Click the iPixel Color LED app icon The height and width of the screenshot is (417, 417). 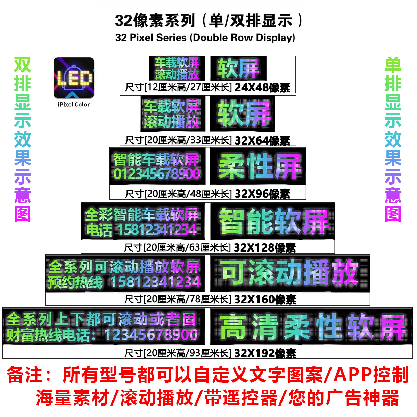click(x=74, y=78)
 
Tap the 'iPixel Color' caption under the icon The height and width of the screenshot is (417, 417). click(x=74, y=104)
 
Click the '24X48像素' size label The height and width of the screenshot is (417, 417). click(x=262, y=87)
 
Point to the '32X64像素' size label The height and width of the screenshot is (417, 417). click(x=262, y=140)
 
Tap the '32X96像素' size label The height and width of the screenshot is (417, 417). click(x=262, y=194)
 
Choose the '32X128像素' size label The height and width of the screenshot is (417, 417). click(x=264, y=247)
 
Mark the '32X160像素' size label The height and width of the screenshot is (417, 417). click(x=265, y=299)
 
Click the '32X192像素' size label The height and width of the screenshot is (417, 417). click(x=265, y=353)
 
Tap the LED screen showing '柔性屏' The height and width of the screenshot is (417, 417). click(x=258, y=166)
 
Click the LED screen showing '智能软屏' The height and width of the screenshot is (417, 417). click(x=272, y=221)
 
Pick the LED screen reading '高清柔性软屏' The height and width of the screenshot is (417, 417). click(x=311, y=326)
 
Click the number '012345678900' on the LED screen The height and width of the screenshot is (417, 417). click(x=157, y=174)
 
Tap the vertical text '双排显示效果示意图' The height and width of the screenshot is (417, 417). click(x=23, y=139)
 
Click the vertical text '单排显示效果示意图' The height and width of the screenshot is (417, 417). click(x=393, y=139)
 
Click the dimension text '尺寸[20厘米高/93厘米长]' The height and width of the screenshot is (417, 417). click(x=178, y=353)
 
